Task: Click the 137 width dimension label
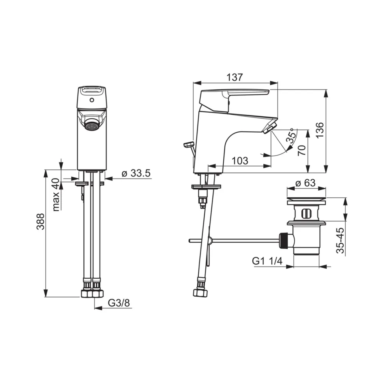coord(235,77)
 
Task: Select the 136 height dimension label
coord(320,130)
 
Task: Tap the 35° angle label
coord(291,136)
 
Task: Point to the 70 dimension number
coord(302,150)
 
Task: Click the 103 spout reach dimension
coord(239,160)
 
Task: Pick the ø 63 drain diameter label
coord(305,183)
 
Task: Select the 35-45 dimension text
coord(340,240)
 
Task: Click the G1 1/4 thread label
coord(267,261)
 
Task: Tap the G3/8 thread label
coord(119,303)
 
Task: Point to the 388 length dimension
coord(40,222)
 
